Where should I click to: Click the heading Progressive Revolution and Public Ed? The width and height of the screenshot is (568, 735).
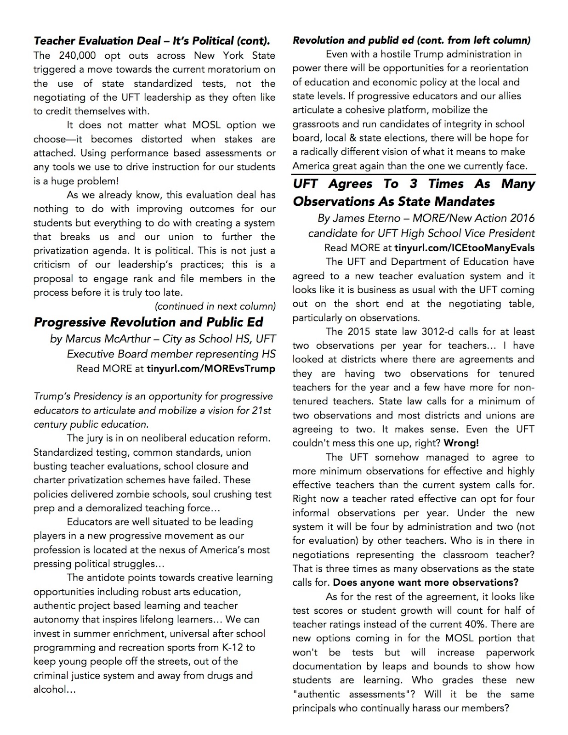coord(148,322)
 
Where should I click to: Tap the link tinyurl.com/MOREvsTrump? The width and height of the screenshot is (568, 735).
coord(210,368)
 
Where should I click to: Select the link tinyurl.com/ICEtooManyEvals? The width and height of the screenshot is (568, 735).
coord(464,248)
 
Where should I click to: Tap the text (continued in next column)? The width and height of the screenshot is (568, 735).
coord(216,306)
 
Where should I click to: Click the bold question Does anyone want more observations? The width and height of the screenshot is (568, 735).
coord(426,582)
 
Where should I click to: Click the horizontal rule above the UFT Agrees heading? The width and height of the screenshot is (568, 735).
coord(414,175)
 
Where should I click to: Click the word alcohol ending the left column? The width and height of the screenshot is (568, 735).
coord(50,690)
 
